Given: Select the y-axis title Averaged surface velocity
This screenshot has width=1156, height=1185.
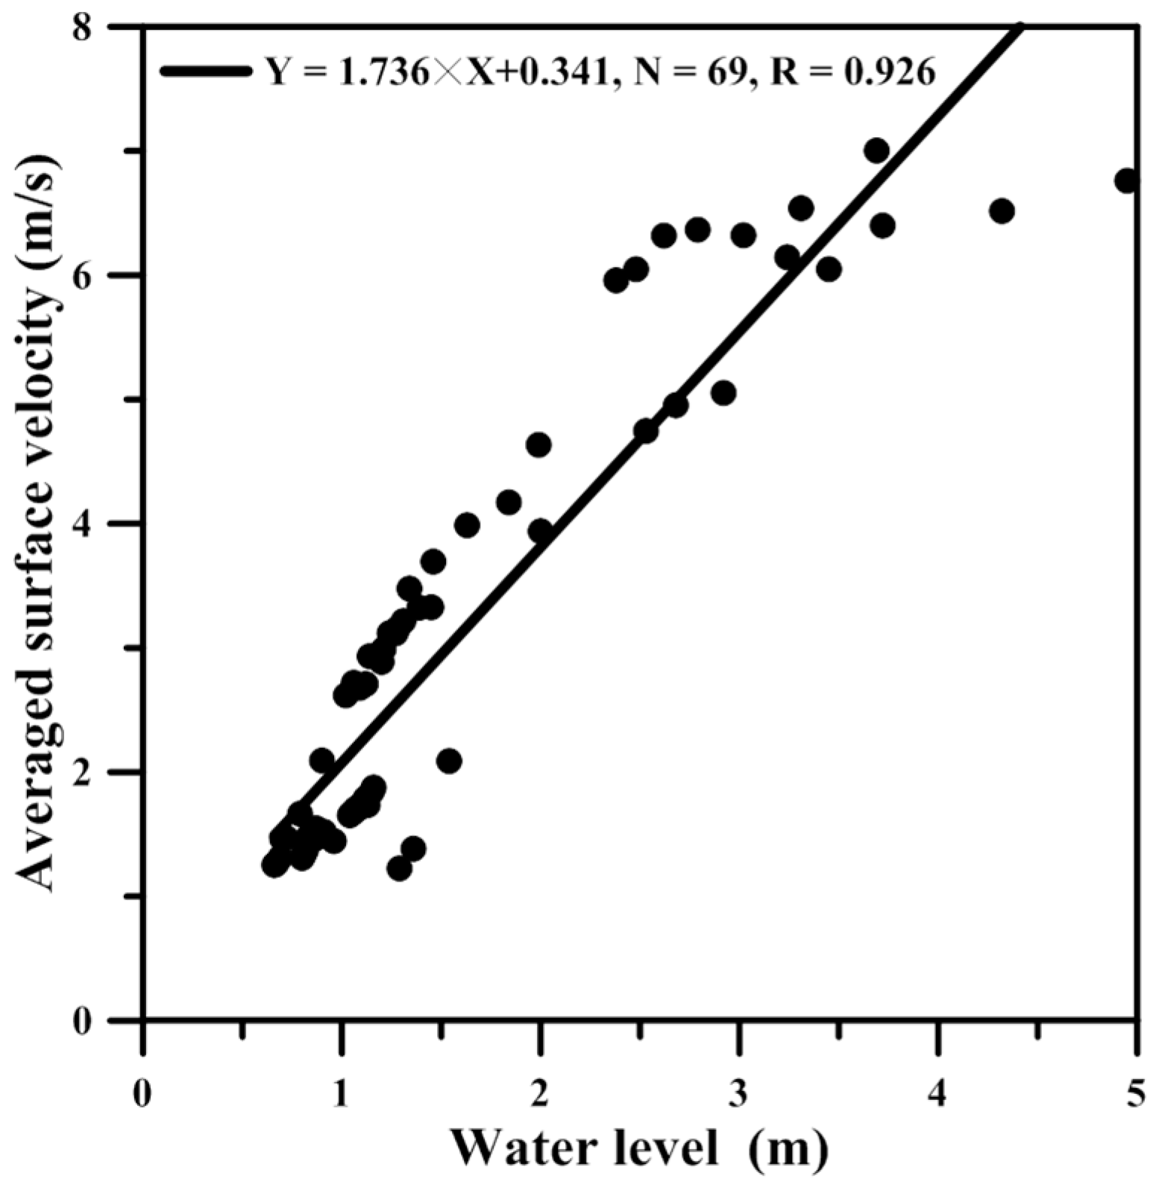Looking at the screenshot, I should tap(36, 522).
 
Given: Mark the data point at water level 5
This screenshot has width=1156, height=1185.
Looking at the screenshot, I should tap(1127, 181).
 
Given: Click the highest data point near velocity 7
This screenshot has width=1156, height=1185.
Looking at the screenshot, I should tap(877, 151).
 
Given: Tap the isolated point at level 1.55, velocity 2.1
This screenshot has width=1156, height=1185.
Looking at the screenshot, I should tap(448, 761).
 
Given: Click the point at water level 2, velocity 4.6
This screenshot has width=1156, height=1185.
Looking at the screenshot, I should tap(538, 445).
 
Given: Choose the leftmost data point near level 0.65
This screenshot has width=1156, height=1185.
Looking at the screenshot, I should tap(274, 865).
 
